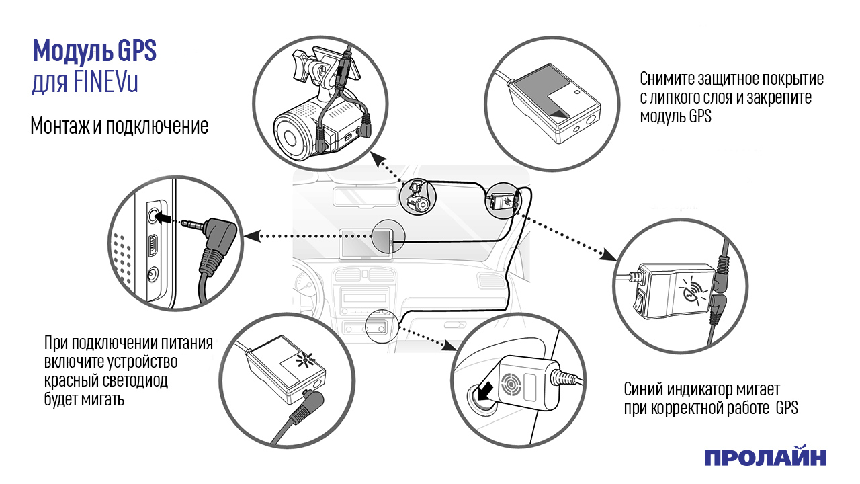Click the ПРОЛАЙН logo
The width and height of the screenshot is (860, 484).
(x=765, y=458)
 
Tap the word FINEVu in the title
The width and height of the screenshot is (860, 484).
(x=107, y=85)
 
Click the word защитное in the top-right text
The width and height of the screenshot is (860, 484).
(x=728, y=79)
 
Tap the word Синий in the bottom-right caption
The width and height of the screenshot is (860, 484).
(x=645, y=389)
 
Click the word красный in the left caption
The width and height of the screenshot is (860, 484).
(x=69, y=381)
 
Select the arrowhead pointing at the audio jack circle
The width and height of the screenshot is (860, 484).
(x=251, y=236)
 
